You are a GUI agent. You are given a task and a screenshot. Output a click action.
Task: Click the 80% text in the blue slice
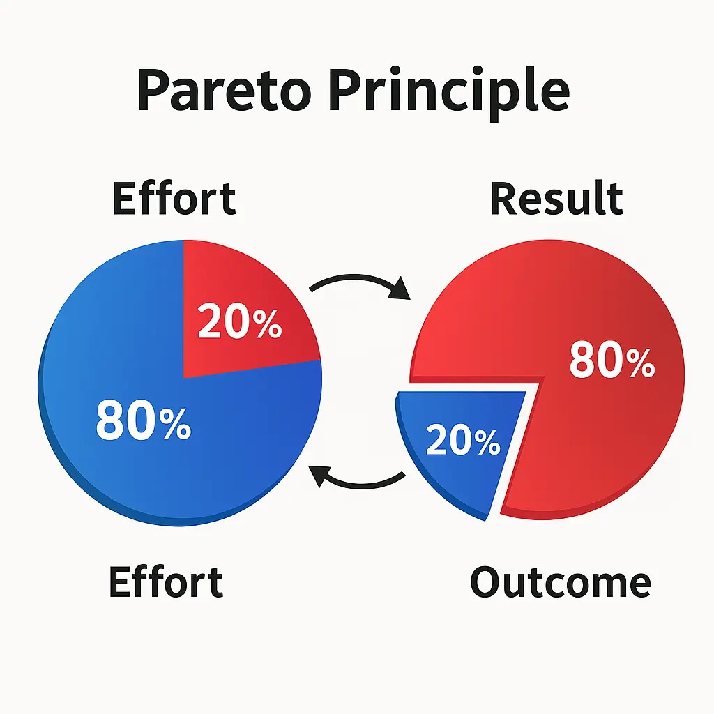coord(143,421)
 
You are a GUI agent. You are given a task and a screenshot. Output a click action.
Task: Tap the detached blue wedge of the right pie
coord(446,474)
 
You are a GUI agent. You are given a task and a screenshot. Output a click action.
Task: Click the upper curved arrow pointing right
coord(356,280)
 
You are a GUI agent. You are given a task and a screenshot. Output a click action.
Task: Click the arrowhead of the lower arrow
coord(319,476)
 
